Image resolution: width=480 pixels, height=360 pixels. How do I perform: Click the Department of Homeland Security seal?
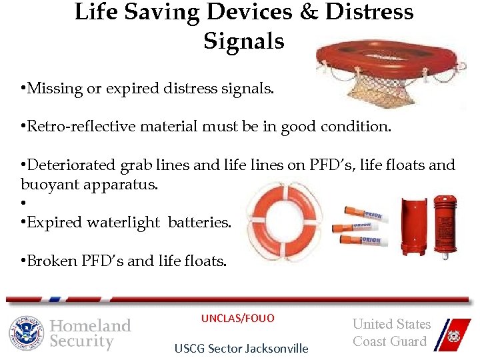[26, 333]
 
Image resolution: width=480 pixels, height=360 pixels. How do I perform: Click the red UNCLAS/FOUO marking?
[237, 319]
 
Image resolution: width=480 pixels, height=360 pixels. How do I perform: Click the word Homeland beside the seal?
[91, 325]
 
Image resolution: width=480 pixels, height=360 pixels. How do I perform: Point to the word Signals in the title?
[243, 41]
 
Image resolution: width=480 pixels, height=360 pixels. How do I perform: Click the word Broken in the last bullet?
[48, 261]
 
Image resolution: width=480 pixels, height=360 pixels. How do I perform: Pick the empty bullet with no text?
[23, 203]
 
